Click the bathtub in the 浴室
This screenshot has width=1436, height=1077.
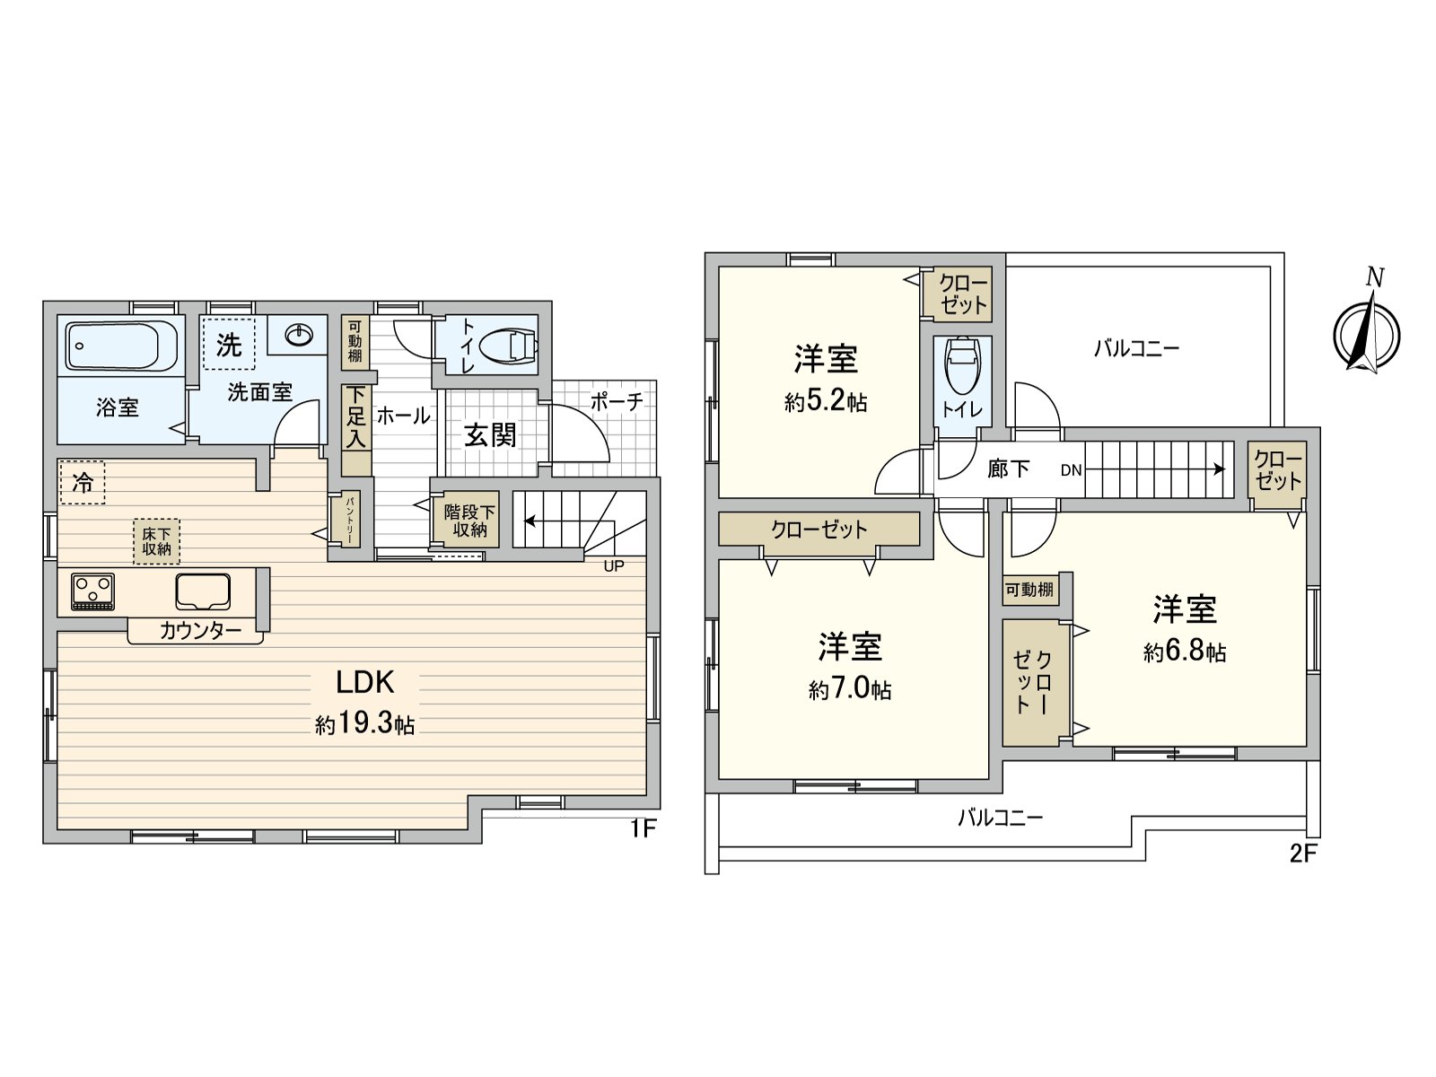point(121,346)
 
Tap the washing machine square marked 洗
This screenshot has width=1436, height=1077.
point(229,344)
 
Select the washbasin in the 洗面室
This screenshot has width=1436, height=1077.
point(299,336)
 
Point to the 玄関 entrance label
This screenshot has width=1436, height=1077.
point(490,435)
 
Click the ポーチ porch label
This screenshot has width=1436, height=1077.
point(616,401)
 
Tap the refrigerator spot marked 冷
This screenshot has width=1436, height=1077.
point(82,483)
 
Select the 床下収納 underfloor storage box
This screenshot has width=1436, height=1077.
point(156,541)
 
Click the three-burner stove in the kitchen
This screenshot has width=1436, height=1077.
point(92,591)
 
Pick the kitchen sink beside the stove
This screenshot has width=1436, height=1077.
point(203,591)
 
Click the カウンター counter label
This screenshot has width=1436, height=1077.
point(199,631)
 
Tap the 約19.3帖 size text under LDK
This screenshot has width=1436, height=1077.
point(364,724)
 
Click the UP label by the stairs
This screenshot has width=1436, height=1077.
point(613,566)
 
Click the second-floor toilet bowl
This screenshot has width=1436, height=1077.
point(961,365)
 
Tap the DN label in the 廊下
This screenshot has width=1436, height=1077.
point(1071,469)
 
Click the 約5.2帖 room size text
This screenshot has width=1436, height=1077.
point(825,402)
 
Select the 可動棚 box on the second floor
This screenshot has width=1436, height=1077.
point(1029,590)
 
